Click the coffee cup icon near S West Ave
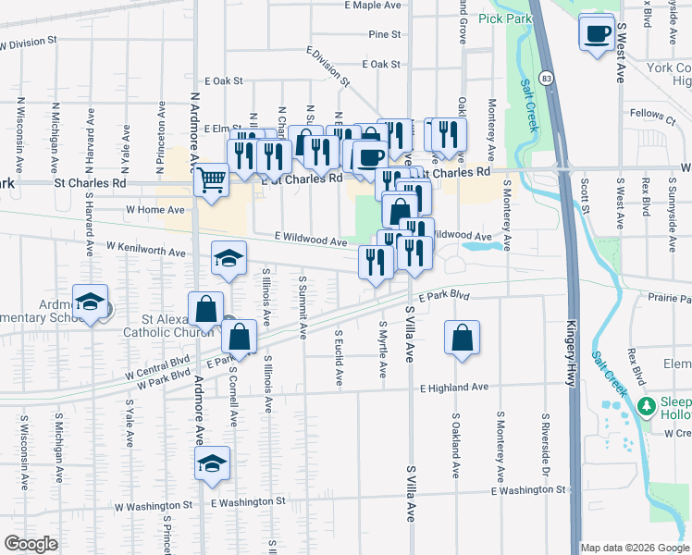(x=596, y=33)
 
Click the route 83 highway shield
(x=549, y=79)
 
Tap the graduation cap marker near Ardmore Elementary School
(x=90, y=303)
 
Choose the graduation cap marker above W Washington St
(x=212, y=462)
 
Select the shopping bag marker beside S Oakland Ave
(x=462, y=339)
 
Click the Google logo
(x=31, y=544)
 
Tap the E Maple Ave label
(x=373, y=6)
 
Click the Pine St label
(x=384, y=34)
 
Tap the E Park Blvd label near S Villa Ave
(x=443, y=297)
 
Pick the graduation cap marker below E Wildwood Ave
(x=228, y=260)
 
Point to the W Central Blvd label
(x=156, y=365)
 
